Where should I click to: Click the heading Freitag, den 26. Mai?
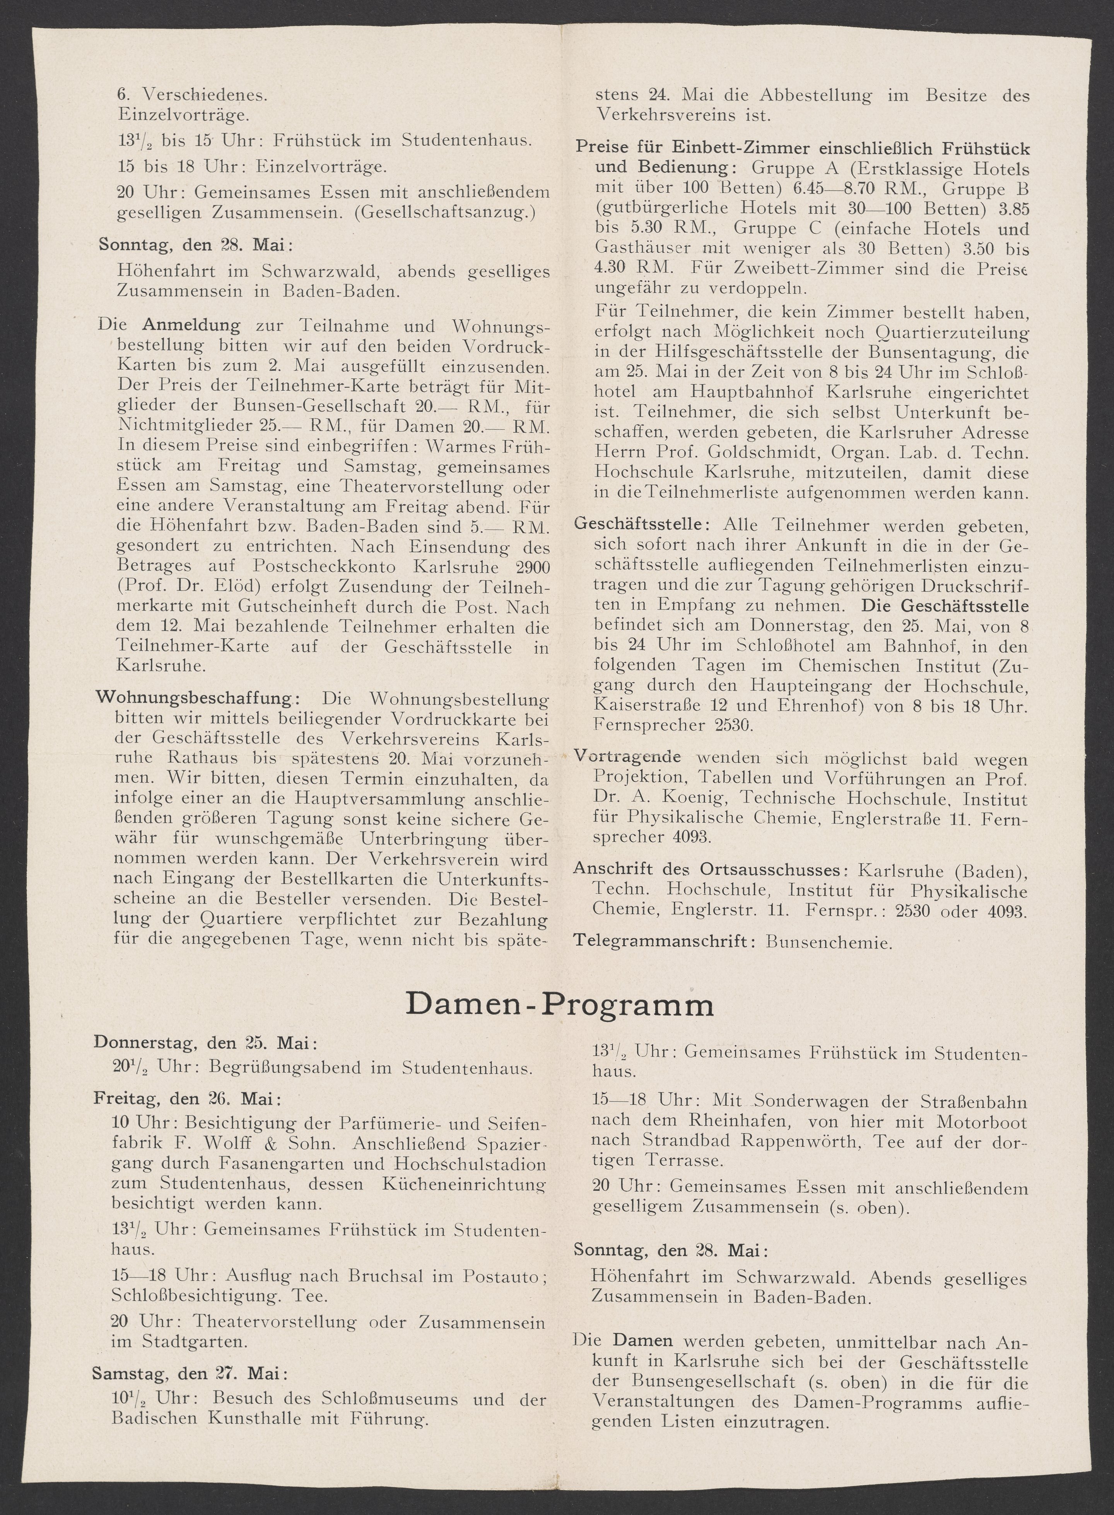click(187, 1099)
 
